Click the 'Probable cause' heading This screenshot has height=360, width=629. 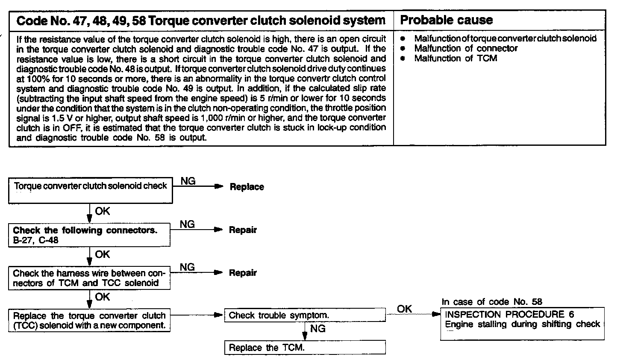tap(446, 20)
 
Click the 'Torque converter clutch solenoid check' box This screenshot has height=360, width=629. tap(91, 190)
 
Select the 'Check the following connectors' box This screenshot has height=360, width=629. tap(89, 235)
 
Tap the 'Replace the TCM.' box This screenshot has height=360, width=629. tap(305, 347)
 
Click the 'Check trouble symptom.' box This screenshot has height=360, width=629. tap(305, 316)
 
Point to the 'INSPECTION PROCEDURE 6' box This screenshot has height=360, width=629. tap(522, 323)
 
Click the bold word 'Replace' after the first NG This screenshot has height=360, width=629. tap(247, 187)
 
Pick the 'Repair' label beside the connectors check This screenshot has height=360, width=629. tap(243, 230)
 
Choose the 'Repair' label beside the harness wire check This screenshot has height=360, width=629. tap(243, 273)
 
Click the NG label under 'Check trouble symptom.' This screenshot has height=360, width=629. tap(317, 328)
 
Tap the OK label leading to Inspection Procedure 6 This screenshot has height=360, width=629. tap(404, 309)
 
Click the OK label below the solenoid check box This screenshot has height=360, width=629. tap(102, 211)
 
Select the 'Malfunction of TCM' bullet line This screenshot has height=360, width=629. tap(456, 59)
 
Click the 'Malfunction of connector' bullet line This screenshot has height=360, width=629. tap(466, 48)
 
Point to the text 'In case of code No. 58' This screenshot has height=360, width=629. tap(491, 302)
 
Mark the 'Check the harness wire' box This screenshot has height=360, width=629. tap(89, 278)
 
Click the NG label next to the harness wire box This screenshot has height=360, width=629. tap(187, 267)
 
